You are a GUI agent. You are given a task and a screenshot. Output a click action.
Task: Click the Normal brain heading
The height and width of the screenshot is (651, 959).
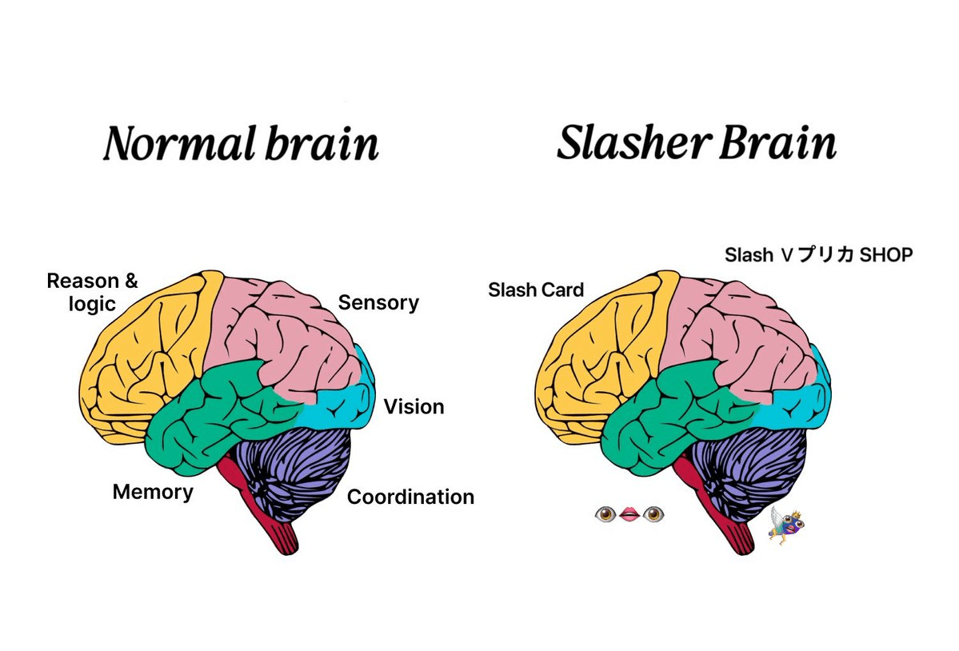[240, 145]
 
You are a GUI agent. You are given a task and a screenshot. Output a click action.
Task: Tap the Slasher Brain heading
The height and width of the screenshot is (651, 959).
[696, 144]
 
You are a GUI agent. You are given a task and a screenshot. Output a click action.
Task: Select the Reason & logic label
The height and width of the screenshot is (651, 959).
[92, 293]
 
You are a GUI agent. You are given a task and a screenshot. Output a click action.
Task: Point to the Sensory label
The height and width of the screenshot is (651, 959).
[378, 303]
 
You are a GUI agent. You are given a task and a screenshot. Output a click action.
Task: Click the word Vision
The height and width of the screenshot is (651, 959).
[414, 406]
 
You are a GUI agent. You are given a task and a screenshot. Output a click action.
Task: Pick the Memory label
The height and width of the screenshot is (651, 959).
[153, 491]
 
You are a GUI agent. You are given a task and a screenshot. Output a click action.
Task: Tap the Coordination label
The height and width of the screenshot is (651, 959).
[410, 497]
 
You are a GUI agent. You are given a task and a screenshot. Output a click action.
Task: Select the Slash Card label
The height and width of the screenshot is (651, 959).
[536, 290]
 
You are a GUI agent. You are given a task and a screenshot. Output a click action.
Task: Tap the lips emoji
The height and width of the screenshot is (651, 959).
[629, 514]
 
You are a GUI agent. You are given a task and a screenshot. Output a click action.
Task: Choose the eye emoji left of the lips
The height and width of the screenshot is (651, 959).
[605, 514]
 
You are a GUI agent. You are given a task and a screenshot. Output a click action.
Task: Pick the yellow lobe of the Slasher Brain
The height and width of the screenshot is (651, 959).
[592, 360]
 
